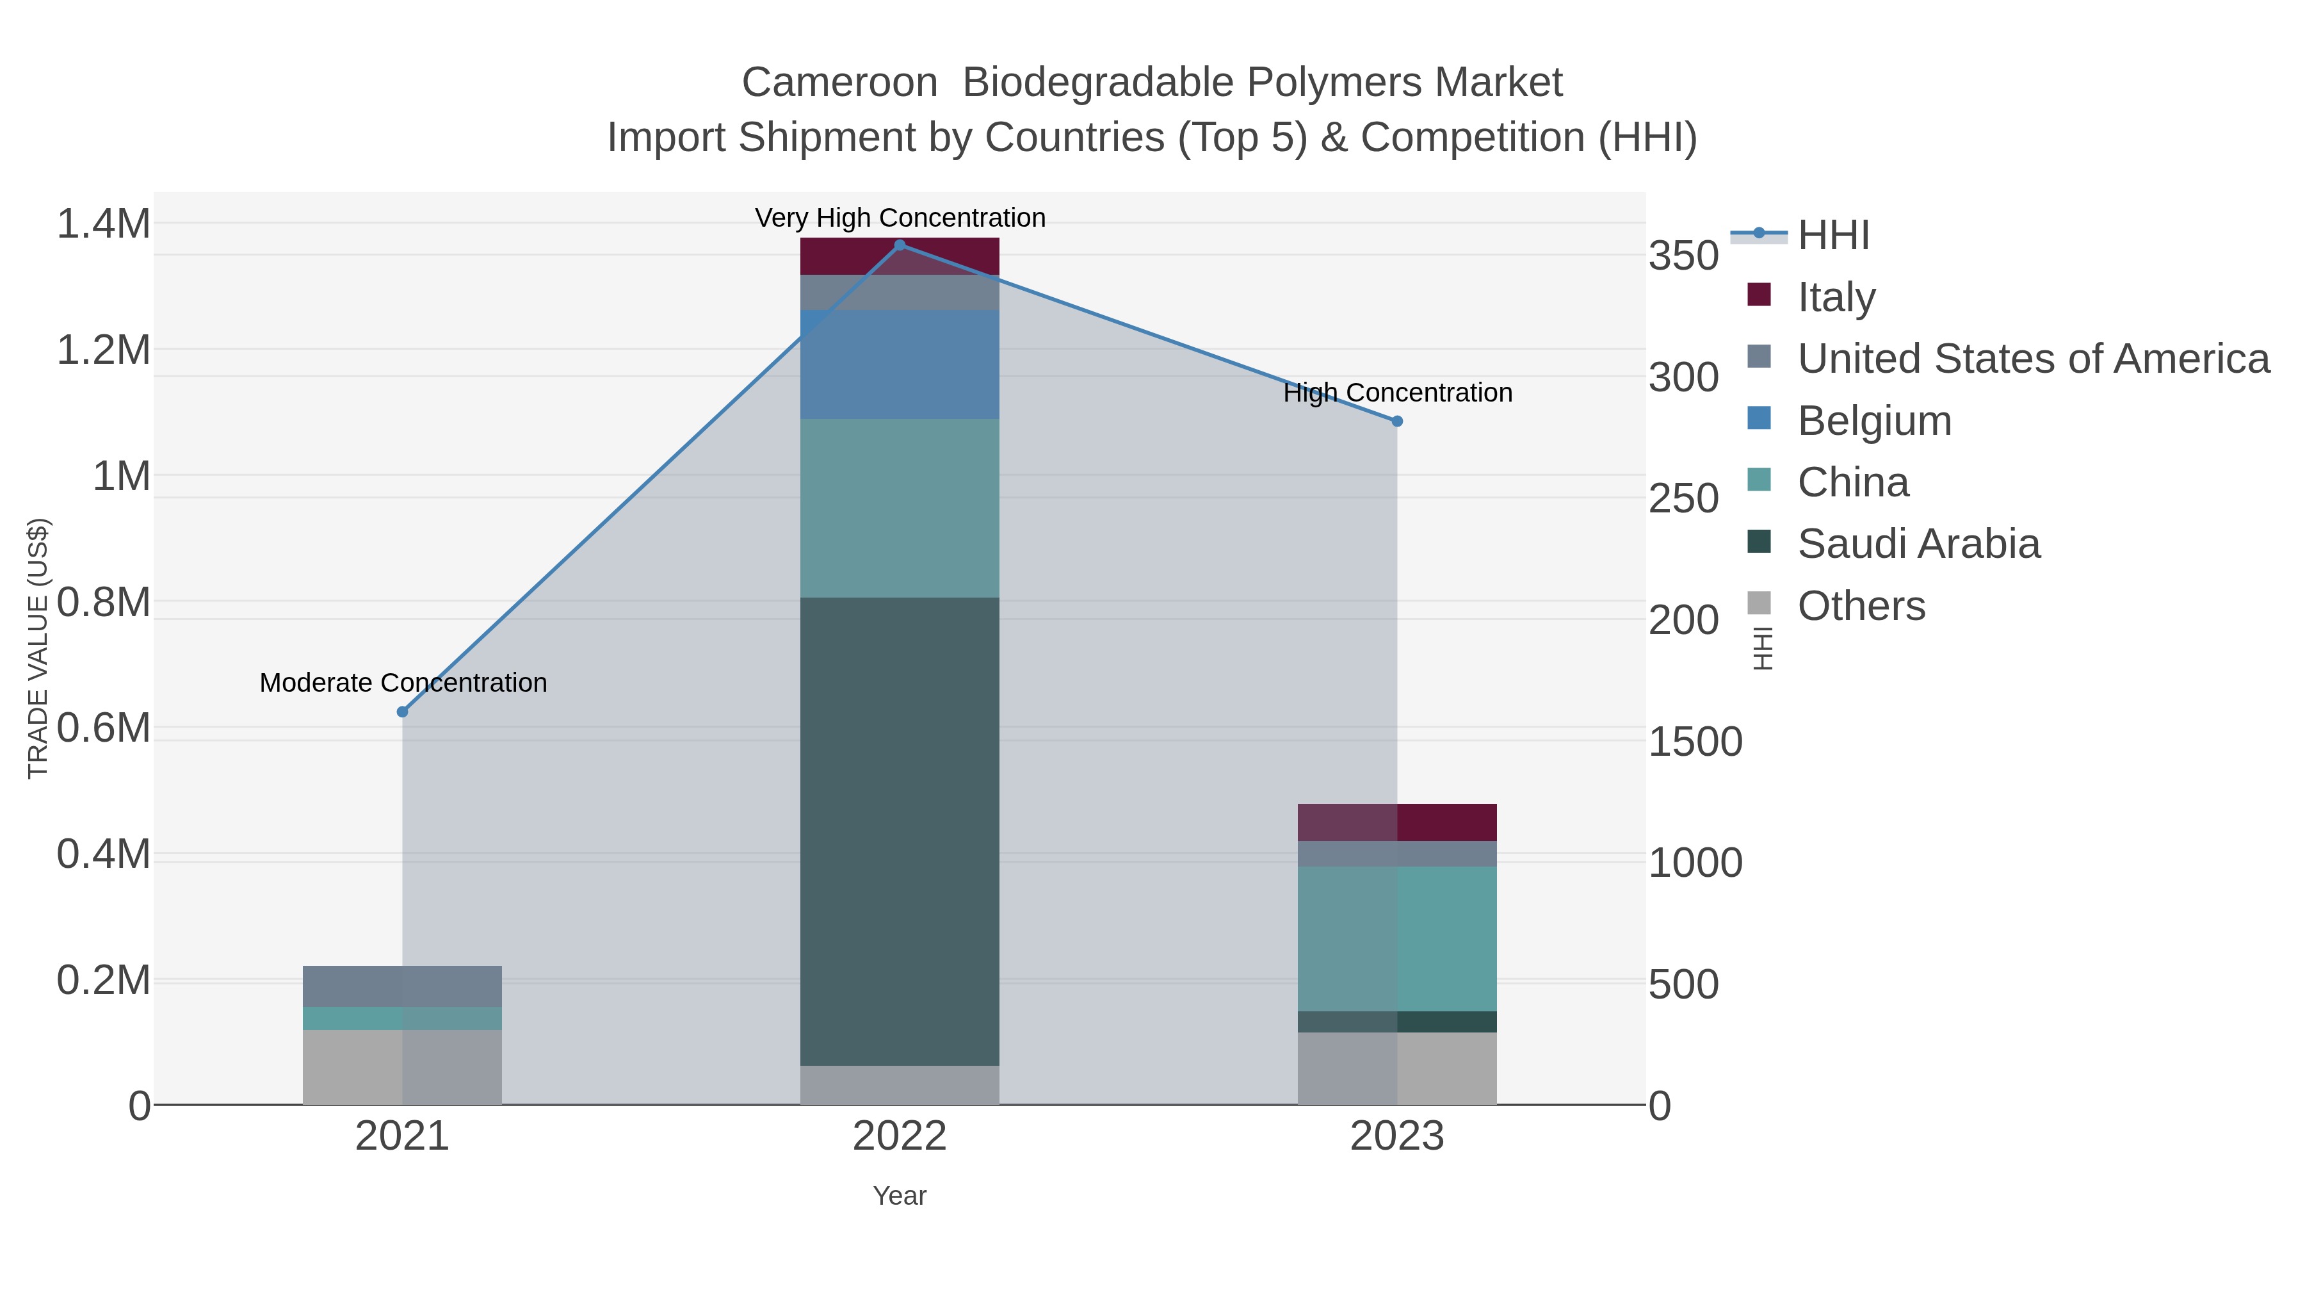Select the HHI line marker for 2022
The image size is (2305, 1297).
[x=900, y=245]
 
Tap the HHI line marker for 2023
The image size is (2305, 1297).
[x=1397, y=421]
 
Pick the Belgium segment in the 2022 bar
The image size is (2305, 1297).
[x=900, y=364]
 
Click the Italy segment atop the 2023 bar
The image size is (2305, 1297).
[x=1397, y=822]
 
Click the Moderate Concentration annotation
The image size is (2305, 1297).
[x=403, y=683]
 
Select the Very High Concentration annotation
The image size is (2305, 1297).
[x=900, y=218]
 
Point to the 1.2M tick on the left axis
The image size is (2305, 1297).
[x=104, y=350]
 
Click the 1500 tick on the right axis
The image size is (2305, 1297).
[x=1695, y=742]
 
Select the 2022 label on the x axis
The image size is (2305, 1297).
[x=900, y=1137]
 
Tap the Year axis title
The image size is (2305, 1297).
[x=900, y=1196]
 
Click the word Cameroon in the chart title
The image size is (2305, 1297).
[x=838, y=83]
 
